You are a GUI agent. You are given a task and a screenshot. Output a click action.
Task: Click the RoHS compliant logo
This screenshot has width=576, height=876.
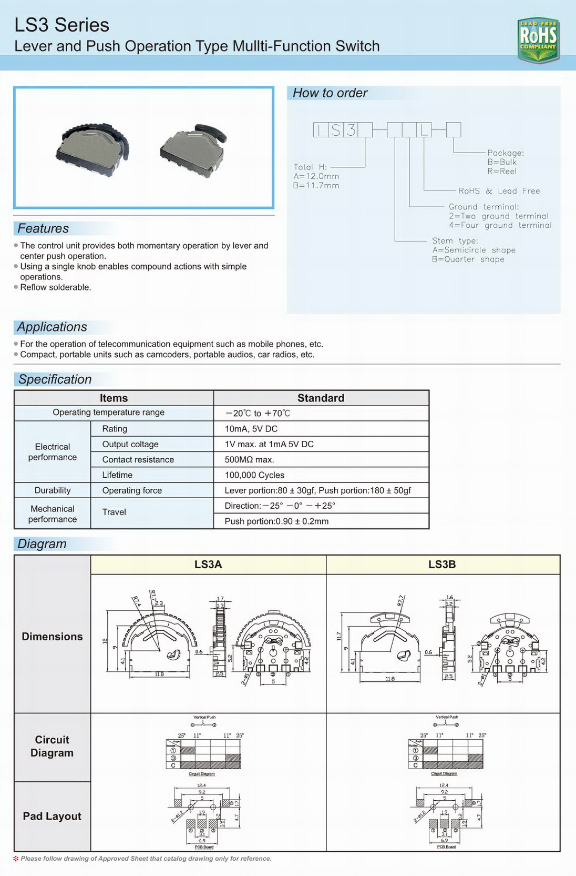pos(538,40)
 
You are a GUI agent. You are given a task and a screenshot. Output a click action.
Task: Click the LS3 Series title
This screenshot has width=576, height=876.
pos(61,25)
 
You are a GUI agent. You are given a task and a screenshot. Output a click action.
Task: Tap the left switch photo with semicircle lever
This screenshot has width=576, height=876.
pos(92,146)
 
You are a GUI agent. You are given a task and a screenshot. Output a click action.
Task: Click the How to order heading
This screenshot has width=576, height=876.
pos(330,93)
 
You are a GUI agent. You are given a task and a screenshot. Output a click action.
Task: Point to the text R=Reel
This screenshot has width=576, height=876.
pos(502,172)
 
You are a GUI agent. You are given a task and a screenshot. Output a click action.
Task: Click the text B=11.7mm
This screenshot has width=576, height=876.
pos(316,186)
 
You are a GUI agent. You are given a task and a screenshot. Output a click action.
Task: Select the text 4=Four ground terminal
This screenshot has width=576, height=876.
pos(500,226)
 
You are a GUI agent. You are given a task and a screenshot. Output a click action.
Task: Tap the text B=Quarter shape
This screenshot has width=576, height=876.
pos(468,259)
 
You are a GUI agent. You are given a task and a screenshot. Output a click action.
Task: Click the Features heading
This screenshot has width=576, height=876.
pos(43,228)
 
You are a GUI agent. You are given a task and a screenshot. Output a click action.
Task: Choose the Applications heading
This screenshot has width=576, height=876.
pos(52,327)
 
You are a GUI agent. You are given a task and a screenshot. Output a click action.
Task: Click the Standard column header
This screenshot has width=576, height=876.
pos(321,398)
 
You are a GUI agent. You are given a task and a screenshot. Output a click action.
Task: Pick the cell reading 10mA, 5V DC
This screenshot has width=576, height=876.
pos(251,429)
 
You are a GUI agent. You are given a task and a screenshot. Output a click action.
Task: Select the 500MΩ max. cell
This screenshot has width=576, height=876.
pos(249,460)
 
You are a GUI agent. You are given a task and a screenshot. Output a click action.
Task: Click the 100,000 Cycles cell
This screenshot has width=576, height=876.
pos(254,475)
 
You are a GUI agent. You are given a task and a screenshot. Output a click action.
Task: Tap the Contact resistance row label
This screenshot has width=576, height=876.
pos(138,460)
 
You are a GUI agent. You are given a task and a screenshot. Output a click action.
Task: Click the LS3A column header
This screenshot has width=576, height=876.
pos(208,565)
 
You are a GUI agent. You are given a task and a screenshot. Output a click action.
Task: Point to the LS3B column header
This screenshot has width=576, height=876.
pos(442,565)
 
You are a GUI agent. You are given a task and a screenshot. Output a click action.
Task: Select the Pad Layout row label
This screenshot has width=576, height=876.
pos(52,816)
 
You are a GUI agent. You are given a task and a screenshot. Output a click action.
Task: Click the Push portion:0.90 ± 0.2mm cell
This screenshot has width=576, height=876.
pos(276,521)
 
